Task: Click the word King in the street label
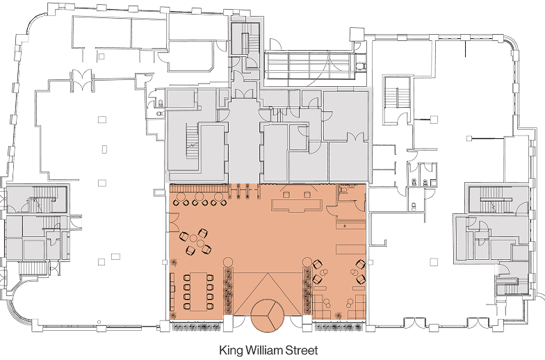point(231,350)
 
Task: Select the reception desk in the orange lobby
point(296,204)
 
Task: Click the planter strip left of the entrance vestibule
point(228,291)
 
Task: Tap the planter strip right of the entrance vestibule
point(307,291)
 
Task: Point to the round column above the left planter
point(228,262)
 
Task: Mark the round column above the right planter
point(307,262)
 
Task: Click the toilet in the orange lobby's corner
point(343,190)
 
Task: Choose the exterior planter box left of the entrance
point(196,327)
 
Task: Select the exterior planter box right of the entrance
point(339,327)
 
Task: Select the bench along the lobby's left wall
point(172,292)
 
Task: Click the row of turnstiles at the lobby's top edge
point(245,191)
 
